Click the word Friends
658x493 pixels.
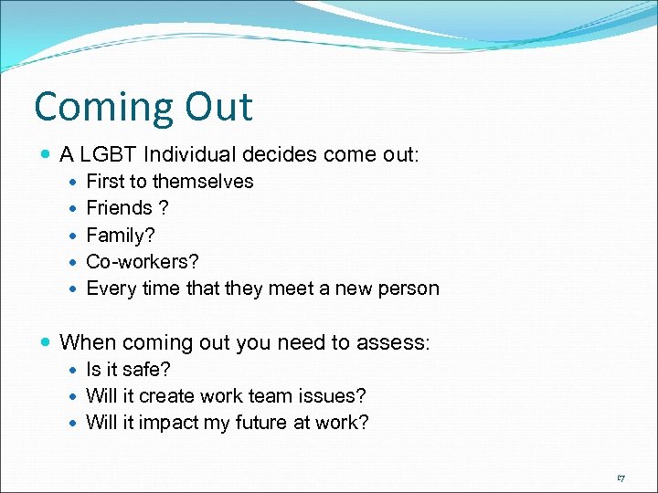click(118, 208)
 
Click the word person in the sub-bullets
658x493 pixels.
click(409, 288)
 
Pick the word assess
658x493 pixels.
click(398, 343)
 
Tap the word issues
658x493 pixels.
click(334, 396)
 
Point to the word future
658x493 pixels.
click(265, 423)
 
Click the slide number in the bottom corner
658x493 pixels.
click(621, 477)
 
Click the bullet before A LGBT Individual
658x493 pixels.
click(47, 156)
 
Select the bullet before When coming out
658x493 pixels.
click(47, 343)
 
